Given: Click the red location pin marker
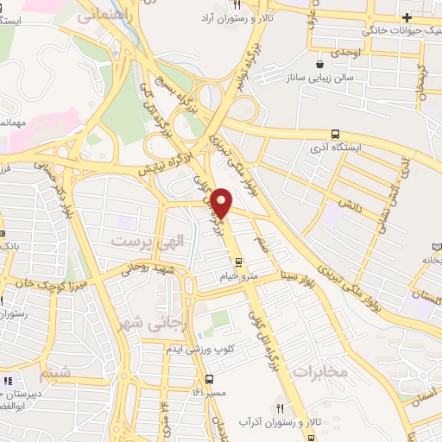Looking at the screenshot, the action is point(222,203).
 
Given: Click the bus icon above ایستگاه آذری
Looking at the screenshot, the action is point(334,133).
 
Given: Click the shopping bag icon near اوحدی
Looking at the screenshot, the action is point(320,62).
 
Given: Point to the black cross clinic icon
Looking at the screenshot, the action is point(407,18).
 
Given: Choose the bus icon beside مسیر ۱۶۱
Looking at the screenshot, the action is point(210,379).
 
